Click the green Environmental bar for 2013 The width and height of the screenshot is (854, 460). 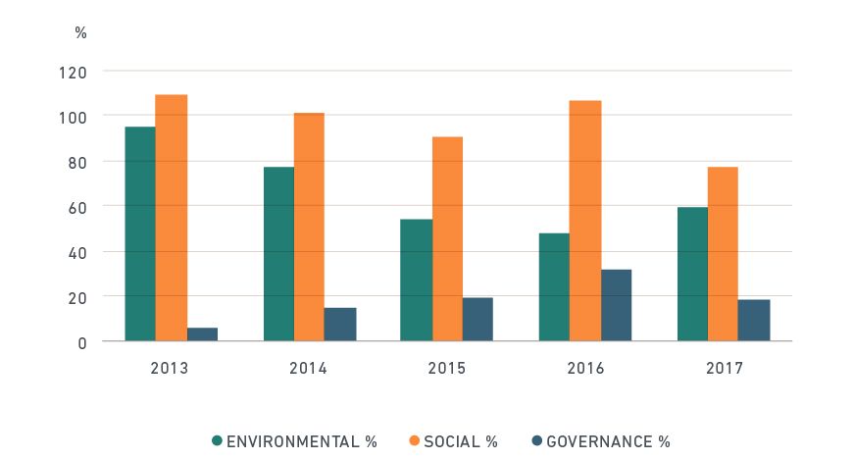tap(139, 234)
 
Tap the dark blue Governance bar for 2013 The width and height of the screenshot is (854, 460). tap(202, 334)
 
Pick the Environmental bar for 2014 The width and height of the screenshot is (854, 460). tap(278, 254)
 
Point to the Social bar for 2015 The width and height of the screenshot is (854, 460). tap(447, 239)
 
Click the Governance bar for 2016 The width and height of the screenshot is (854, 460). tap(617, 305)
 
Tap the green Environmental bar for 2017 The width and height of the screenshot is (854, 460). tap(692, 274)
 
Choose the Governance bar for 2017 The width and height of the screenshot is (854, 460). tap(754, 321)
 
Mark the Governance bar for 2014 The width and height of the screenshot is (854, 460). tap(340, 325)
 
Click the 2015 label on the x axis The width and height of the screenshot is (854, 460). tap(447, 369)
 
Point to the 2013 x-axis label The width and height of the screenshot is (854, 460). tap(171, 369)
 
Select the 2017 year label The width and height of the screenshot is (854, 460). tap(724, 369)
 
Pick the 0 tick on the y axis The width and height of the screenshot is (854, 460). tap(82, 342)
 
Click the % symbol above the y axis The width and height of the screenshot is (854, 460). tap(80, 32)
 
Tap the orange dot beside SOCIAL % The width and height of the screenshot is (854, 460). tap(415, 441)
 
